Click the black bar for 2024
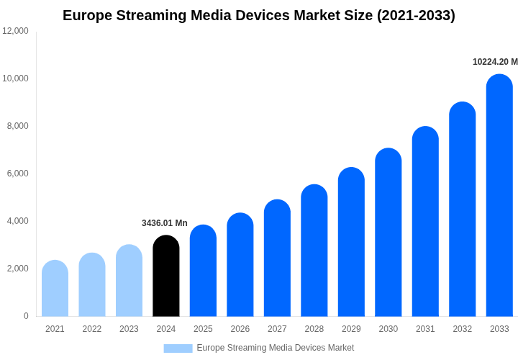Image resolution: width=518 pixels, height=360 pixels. pyautogui.click(x=166, y=276)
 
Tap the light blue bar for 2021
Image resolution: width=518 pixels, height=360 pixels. pyautogui.click(x=55, y=289)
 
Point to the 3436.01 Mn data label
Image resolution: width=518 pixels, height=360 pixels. pyautogui.click(x=164, y=223)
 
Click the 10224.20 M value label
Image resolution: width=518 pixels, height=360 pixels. pyautogui.click(x=495, y=62)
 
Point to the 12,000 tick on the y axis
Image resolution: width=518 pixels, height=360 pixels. pyautogui.click(x=15, y=31)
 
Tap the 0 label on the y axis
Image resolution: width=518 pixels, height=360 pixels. pyautogui.click(x=26, y=316)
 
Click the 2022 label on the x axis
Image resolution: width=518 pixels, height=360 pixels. pyautogui.click(x=92, y=329)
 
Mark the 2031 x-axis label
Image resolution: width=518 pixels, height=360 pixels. pyautogui.click(x=425, y=329)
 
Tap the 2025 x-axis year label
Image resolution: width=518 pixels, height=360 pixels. pyautogui.click(x=203, y=329)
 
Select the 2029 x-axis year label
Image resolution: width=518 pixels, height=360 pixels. pyautogui.click(x=351, y=329)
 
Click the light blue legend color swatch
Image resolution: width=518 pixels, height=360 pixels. pyautogui.click(x=178, y=348)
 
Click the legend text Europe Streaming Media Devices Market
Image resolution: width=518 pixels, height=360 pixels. pyautogui.click(x=275, y=348)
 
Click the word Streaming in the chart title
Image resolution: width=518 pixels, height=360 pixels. pyautogui.click(x=147, y=15)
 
